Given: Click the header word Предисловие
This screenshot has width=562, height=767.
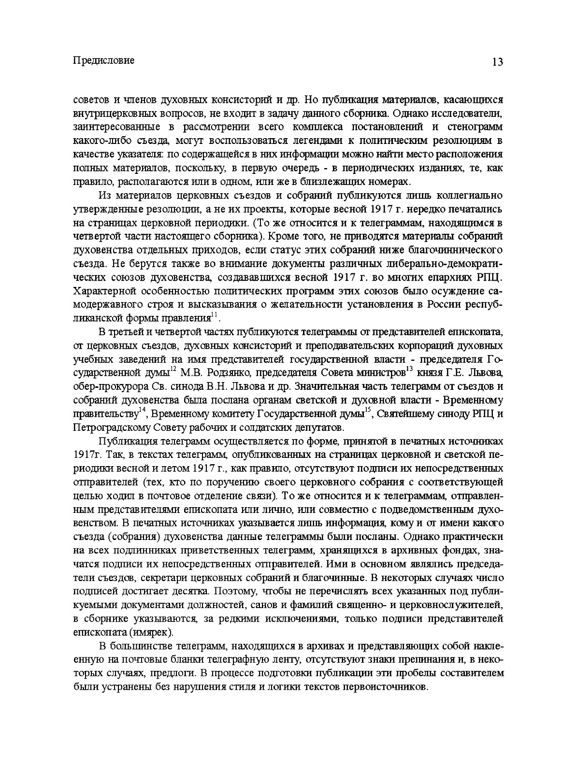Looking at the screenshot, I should pyautogui.click(x=103, y=61).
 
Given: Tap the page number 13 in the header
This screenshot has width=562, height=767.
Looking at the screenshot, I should pyautogui.click(x=497, y=62).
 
